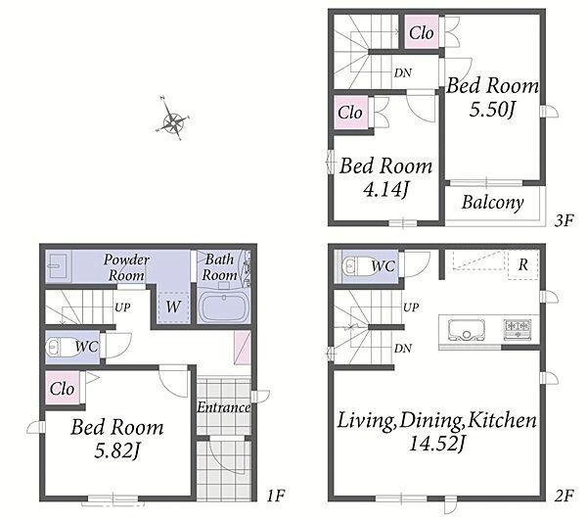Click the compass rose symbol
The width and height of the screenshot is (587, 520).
pos(173,119)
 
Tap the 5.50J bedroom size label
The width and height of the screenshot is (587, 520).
pos(493,110)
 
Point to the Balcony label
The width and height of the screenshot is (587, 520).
pos(493,203)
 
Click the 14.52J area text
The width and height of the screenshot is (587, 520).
pos(436,445)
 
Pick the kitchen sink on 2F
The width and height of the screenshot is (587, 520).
pos(468,330)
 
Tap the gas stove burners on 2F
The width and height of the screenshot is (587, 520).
pos(518,329)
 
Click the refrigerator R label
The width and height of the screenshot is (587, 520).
pos(523,264)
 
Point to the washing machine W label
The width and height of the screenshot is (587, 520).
pos(173,307)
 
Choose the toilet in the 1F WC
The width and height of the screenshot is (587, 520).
pos(60,348)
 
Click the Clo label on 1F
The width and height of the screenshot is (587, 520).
pos(62,389)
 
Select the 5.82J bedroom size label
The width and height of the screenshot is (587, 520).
pos(116,450)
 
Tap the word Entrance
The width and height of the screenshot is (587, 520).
pos(224,407)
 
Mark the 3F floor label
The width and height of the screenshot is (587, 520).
pos(564,220)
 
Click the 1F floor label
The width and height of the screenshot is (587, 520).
pos(276,496)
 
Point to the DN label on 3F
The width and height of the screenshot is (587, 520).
pos(403,73)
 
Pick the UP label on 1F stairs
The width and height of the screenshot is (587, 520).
pos(122,307)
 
